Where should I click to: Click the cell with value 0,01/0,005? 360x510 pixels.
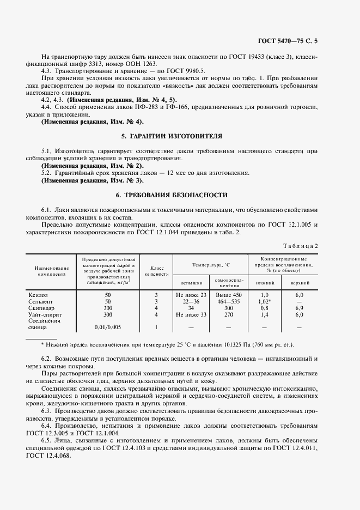(x=107, y=327)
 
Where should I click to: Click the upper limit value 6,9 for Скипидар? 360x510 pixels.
(x=299, y=308)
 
